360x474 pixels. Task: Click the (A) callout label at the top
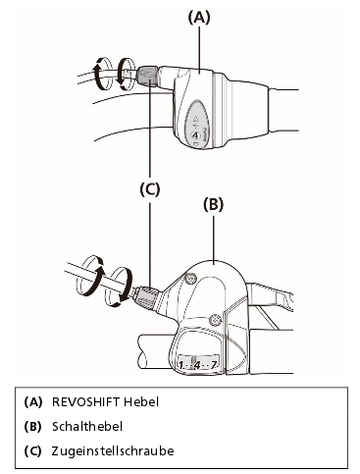[x=199, y=18]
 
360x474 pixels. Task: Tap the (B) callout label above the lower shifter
[x=214, y=204]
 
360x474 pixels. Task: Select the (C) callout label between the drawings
[x=150, y=189]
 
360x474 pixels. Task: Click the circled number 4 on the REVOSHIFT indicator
[x=195, y=134]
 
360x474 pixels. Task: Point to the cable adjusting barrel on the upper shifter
[x=148, y=77]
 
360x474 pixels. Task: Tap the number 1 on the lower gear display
[x=180, y=365]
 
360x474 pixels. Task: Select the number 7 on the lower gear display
[x=213, y=365]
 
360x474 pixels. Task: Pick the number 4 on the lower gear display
[x=197, y=365]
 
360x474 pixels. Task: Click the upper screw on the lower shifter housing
[x=189, y=278]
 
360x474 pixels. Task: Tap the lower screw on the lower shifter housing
[x=214, y=319]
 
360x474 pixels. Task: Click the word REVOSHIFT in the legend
[x=85, y=401]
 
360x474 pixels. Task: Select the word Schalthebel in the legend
[x=87, y=426]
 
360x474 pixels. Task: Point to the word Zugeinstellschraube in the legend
[x=113, y=450]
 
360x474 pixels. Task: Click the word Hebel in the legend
[x=141, y=401]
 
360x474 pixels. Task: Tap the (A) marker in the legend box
[x=33, y=402]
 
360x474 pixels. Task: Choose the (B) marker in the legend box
[x=33, y=427]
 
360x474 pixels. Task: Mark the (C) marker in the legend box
[x=33, y=451]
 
